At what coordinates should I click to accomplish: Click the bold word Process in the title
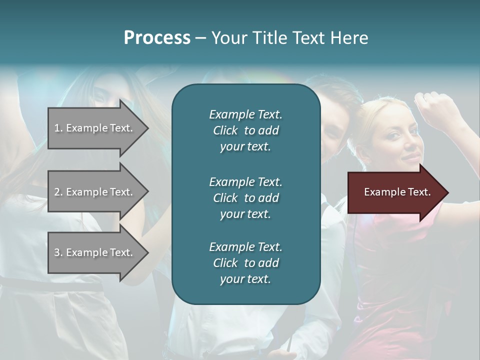pos(157,38)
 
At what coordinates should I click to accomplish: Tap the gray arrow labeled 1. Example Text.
pos(95,128)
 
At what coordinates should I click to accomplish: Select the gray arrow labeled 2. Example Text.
pos(95,192)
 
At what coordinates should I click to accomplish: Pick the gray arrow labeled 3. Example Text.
pos(95,252)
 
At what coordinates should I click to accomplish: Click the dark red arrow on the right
pos(395,192)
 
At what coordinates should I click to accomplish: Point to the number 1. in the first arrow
pos(58,128)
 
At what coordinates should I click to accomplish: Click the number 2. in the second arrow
pos(58,192)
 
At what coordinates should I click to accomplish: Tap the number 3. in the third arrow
pos(58,252)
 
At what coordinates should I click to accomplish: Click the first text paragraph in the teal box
pos(245,130)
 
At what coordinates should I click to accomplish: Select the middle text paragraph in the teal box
pos(245,197)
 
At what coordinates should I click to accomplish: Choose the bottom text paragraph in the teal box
pos(245,263)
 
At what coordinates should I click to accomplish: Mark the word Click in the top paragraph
pos(225,130)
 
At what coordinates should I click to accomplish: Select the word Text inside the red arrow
pos(419,192)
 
